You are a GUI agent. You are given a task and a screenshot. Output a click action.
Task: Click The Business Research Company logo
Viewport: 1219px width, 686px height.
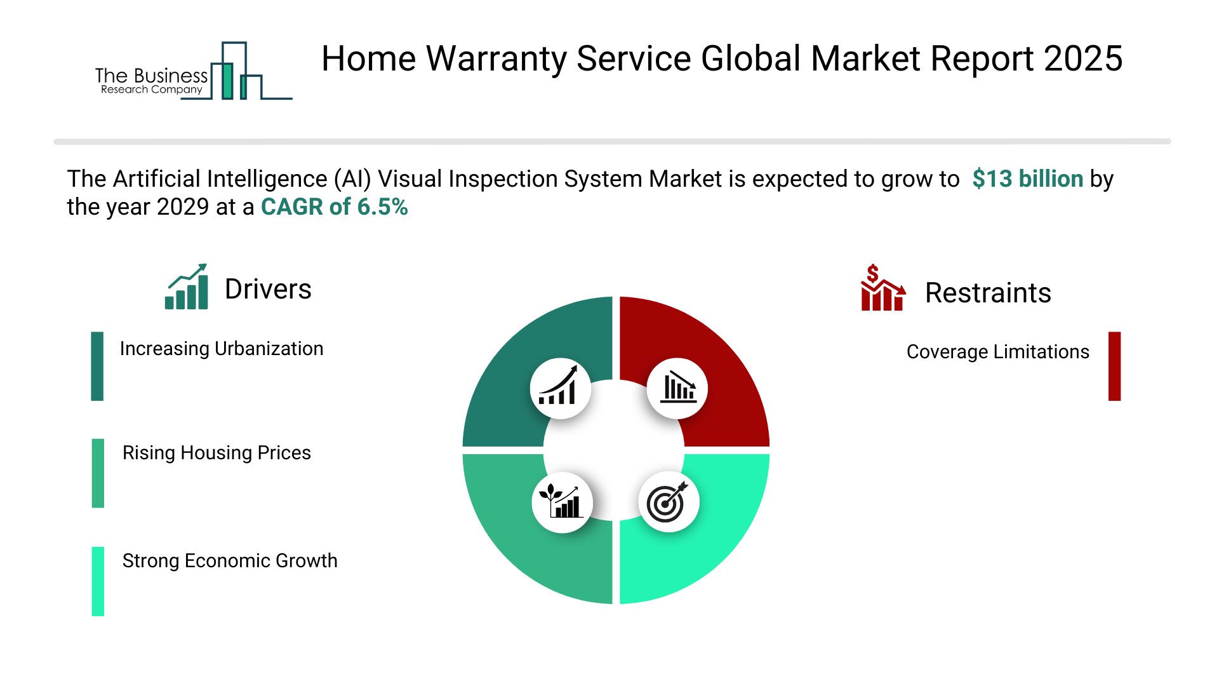194,71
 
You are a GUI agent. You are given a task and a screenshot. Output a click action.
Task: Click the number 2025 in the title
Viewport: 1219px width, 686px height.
1083,58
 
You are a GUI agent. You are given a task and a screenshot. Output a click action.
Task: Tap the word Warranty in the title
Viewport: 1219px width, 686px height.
496,59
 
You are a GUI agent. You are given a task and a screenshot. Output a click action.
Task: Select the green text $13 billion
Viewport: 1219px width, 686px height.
1027,179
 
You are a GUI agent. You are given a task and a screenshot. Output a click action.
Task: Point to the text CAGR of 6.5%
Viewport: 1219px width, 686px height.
335,207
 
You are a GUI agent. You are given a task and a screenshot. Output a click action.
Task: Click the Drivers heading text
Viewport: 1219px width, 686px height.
268,289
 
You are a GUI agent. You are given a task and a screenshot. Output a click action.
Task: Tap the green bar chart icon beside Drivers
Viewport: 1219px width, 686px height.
186,286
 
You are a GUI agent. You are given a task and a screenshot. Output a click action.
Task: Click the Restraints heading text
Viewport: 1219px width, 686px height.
988,293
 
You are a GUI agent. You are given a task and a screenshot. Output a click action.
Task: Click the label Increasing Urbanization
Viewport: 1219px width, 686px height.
222,349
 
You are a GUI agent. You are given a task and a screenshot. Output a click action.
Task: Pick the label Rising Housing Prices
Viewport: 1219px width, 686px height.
216,453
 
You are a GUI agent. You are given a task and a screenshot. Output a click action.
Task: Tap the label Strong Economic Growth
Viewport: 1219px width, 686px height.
230,561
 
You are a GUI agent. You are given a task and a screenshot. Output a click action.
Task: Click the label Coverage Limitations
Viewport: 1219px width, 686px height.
997,352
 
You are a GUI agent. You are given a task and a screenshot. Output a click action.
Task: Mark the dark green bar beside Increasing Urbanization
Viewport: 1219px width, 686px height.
97,366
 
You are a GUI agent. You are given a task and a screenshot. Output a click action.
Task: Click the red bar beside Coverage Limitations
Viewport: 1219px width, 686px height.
1114,366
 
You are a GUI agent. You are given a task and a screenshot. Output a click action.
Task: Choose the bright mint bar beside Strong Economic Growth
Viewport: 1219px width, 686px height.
98,581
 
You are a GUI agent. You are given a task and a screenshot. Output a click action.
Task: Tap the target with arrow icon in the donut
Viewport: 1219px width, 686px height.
668,502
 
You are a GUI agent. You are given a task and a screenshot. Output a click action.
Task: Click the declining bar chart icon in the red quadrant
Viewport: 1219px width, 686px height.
678,387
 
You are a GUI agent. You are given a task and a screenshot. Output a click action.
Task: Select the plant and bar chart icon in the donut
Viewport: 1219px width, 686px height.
561,502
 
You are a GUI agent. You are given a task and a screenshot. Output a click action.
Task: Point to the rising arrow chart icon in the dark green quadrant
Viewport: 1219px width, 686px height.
559,386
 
